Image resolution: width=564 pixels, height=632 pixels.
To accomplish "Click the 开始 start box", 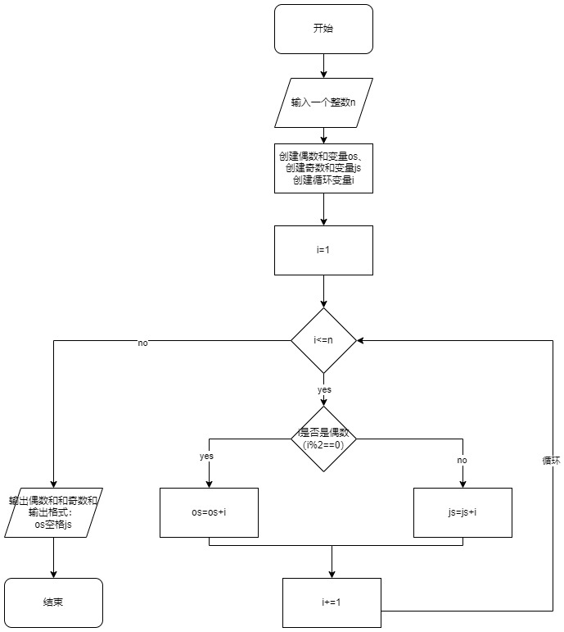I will point(323,29).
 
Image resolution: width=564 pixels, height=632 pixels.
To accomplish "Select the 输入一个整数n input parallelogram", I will point(323,102).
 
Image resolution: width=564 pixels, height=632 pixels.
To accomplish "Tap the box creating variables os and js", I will point(323,168).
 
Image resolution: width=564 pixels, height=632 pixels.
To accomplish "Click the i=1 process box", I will point(323,250).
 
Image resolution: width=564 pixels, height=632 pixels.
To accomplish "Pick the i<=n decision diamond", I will point(324,339).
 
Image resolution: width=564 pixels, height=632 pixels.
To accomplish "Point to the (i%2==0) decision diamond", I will point(324,439).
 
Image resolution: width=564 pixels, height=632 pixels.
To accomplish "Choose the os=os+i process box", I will point(209,512).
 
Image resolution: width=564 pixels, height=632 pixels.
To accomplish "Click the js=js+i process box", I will point(462,512).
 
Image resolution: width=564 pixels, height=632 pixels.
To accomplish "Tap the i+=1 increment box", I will point(332,602).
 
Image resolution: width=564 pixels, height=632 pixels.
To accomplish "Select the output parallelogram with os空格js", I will point(53,512).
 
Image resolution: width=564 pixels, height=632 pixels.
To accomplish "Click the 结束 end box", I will point(53,602).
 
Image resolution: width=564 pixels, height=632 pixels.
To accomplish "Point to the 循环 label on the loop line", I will point(551,461).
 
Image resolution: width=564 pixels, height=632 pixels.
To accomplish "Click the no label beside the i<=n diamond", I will point(143,343).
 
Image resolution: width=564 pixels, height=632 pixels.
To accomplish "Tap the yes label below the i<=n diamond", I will point(324,389).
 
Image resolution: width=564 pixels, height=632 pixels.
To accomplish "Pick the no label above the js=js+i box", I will point(462,461).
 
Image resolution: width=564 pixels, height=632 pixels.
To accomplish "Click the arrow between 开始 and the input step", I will point(324,66).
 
